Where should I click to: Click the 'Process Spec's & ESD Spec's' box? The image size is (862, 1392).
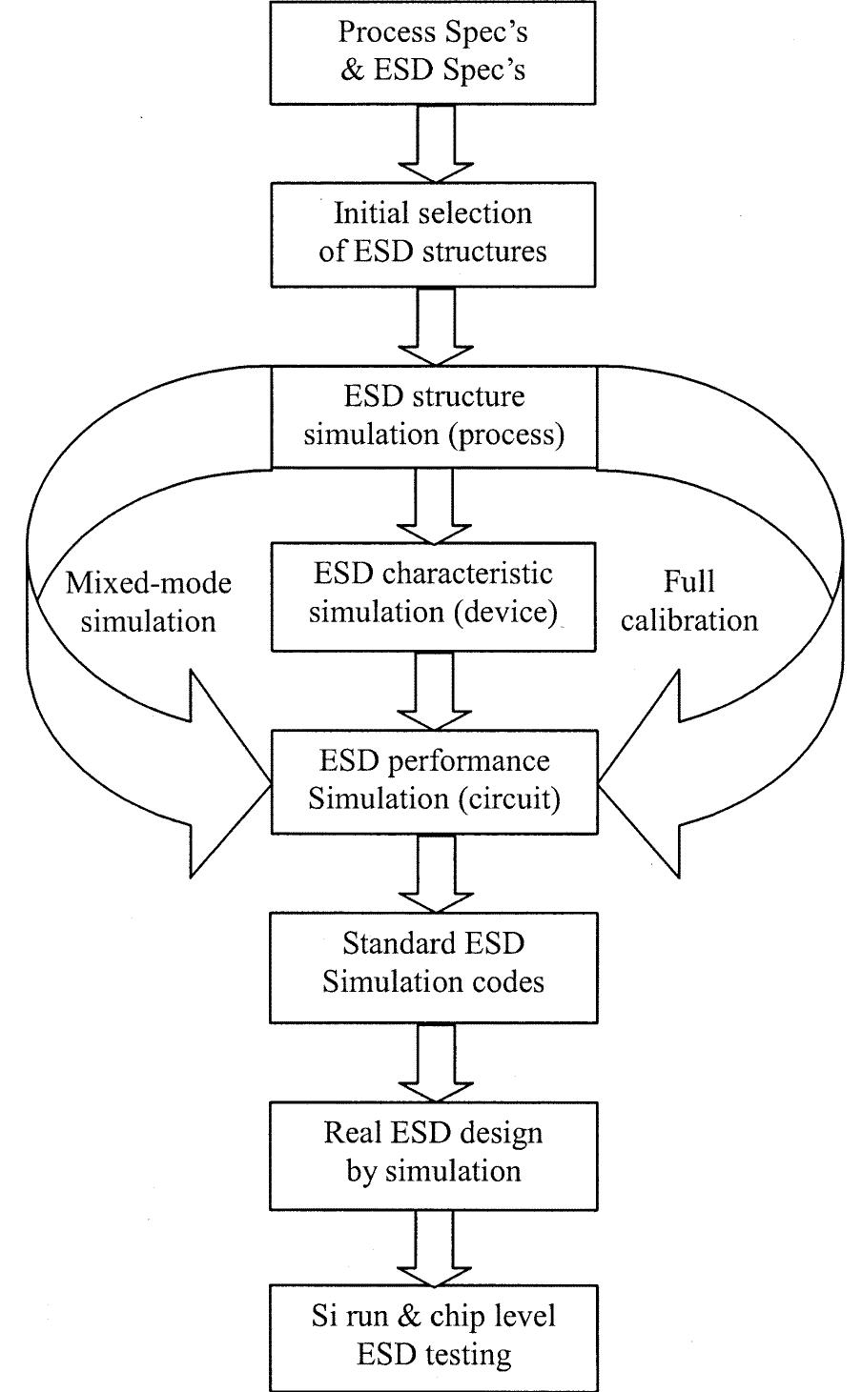pos(434,51)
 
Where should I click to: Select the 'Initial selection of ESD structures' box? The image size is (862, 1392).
pos(434,232)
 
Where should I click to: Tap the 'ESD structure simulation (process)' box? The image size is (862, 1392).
pos(434,416)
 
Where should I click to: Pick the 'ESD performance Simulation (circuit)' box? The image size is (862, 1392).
pos(434,780)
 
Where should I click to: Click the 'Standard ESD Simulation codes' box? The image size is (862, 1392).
pos(434,964)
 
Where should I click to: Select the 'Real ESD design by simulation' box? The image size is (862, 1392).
pos(434,1152)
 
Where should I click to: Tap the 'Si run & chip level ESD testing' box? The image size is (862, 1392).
pos(434,1336)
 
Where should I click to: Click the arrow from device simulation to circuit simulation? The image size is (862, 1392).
pos(434,690)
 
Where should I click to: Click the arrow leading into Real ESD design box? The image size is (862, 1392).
pos(434,1059)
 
